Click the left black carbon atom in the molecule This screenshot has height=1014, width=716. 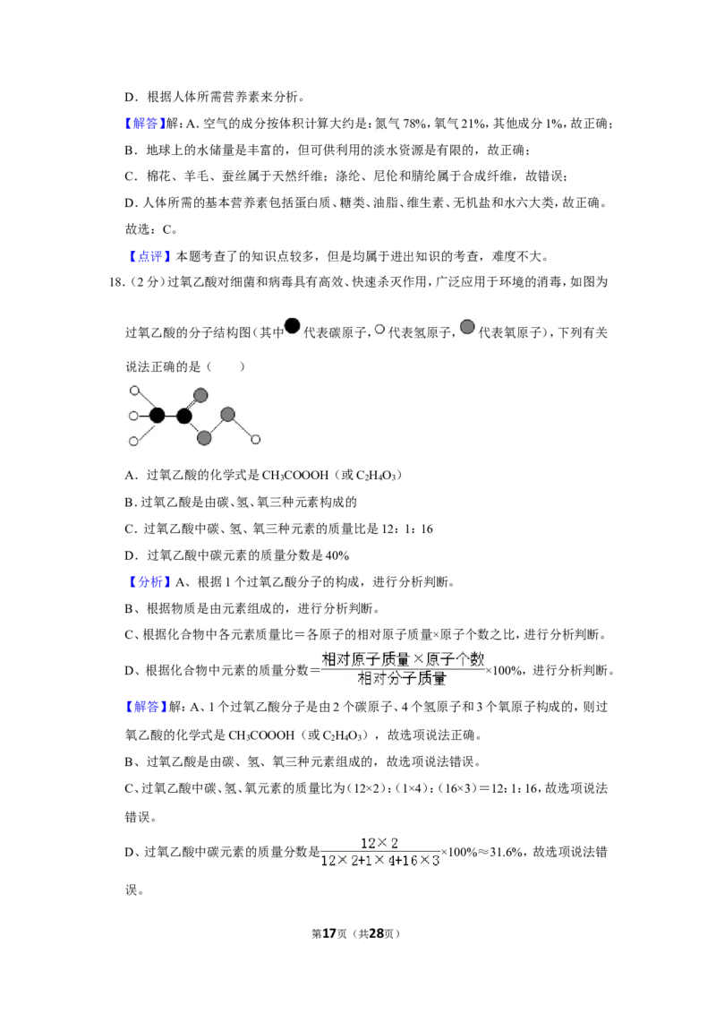[157, 415]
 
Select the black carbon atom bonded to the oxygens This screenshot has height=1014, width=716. [184, 416]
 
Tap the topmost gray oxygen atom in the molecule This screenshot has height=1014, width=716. [200, 395]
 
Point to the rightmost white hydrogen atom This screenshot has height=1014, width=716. [256, 440]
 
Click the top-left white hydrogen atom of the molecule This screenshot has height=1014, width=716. [134, 391]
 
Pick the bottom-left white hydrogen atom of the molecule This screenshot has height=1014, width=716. [133, 442]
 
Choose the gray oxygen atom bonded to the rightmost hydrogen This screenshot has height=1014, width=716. [227, 414]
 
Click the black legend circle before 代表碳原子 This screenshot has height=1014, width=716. [293, 326]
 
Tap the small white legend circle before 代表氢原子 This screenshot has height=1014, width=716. [379, 329]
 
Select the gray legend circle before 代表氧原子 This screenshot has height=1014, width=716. [467, 327]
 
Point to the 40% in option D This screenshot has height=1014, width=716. [337, 555]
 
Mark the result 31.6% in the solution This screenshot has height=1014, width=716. [507, 853]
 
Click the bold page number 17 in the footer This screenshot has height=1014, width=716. [329, 933]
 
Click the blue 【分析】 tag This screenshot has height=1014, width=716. [150, 582]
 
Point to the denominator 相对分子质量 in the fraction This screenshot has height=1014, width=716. [402, 679]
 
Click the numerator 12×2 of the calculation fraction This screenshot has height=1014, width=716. [379, 843]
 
